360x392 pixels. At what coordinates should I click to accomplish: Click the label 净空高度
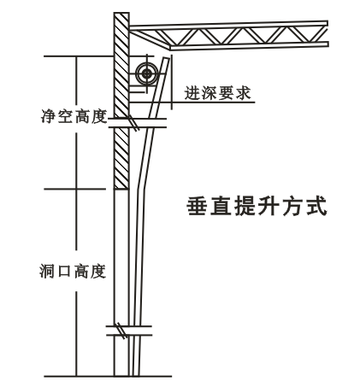point(74,116)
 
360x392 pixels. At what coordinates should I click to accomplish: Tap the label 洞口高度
point(73,272)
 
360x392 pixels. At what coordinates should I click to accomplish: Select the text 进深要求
point(217,93)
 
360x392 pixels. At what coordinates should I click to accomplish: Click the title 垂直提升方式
point(257,206)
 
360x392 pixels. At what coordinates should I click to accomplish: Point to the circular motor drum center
point(147,74)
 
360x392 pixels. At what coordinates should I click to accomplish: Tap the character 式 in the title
point(316,206)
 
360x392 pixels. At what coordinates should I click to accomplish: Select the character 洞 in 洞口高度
point(48,272)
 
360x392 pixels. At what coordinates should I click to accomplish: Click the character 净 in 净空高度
point(49,116)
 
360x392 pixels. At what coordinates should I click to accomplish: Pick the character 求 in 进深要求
point(243,93)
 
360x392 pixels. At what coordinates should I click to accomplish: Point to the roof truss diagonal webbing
point(242,36)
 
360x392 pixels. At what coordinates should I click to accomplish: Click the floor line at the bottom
point(108,377)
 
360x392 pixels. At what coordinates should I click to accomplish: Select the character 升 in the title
point(269,206)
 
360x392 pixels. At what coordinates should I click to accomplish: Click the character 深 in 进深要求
point(210,93)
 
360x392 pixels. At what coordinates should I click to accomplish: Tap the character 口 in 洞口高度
point(64,272)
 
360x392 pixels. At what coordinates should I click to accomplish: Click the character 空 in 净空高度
point(65,116)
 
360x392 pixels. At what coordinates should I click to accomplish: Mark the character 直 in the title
point(221,206)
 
